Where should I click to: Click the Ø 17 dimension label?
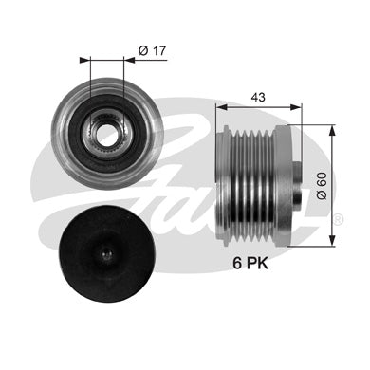point(152,50)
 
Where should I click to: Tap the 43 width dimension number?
point(258,98)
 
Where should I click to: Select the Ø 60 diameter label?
point(322,186)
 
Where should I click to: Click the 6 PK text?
point(250,263)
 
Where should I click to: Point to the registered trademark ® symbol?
point(338,219)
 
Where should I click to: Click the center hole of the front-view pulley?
point(107,135)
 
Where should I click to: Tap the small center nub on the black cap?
point(107,253)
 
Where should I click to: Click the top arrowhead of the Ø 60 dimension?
point(332,129)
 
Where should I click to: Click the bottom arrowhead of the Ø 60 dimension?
point(332,241)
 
